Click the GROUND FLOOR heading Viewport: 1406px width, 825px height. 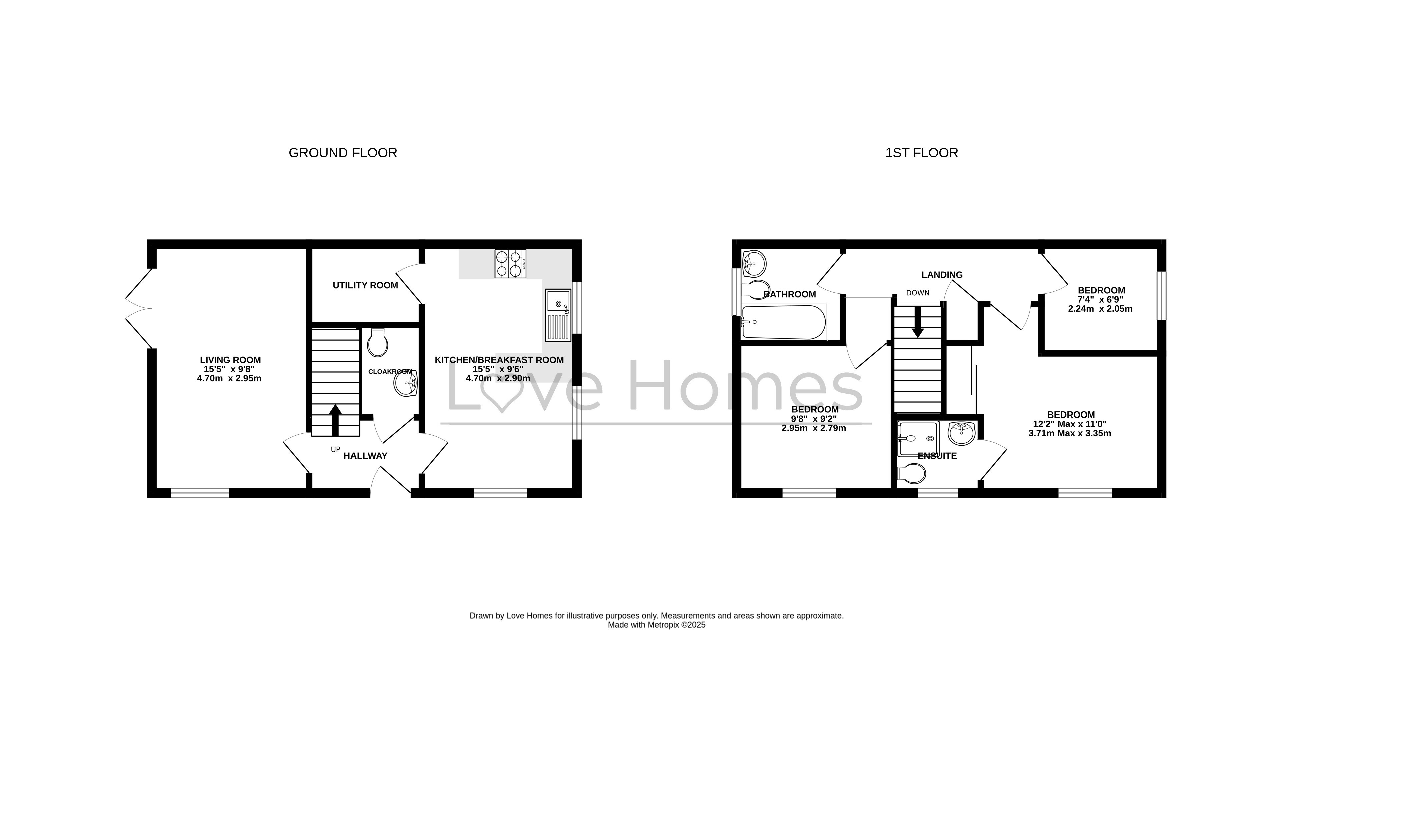point(342,153)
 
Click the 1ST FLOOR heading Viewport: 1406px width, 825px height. point(922,153)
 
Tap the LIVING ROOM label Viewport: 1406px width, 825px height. point(230,360)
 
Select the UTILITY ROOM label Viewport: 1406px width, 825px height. point(366,286)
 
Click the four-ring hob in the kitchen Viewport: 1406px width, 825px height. point(510,263)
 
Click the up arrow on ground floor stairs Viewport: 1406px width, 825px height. point(335,420)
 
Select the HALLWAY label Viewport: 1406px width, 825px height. point(366,456)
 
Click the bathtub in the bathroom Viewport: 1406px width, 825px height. point(784,322)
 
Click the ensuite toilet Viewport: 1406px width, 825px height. point(912,474)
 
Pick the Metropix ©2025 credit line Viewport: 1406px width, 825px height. point(657,625)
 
